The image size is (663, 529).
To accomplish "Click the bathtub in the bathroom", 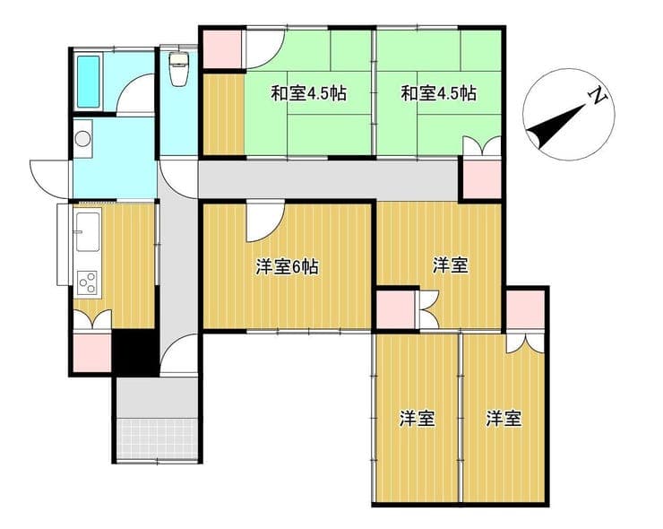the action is click(x=89, y=82).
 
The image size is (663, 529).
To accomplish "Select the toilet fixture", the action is click(x=178, y=68).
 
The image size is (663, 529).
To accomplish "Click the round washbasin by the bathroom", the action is click(x=82, y=138).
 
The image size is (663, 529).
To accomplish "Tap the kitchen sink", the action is click(x=88, y=231).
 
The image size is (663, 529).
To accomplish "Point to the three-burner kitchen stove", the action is click(x=88, y=283).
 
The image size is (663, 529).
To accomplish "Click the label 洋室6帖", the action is click(x=287, y=267).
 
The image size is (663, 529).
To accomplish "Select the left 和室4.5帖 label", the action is click(x=309, y=93).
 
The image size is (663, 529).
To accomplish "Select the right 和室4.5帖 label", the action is click(x=438, y=93).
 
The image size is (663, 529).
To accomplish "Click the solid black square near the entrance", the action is click(x=135, y=352).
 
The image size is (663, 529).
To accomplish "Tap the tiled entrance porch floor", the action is click(x=158, y=438).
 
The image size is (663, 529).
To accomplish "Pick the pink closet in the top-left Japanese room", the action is click(x=222, y=49).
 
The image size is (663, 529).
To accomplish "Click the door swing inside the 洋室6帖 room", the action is click(x=264, y=221).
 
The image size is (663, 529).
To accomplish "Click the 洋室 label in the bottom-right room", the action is click(x=504, y=419).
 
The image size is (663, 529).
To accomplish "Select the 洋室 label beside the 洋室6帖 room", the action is click(x=451, y=265).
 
